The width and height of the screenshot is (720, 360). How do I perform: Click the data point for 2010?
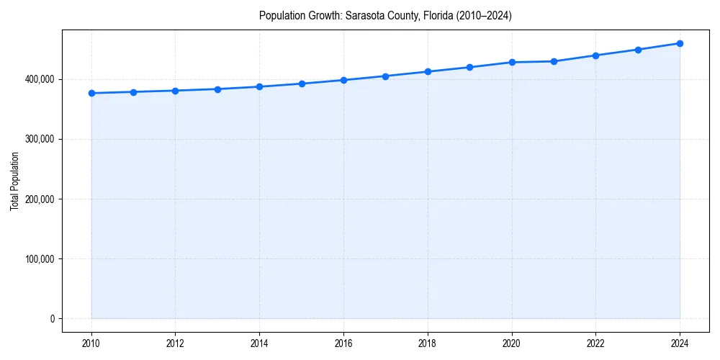coord(91,93)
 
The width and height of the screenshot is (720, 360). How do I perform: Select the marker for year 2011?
coord(133,92)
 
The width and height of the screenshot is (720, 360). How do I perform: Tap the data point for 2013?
coord(217,89)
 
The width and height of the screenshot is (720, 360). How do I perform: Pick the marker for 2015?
coord(302,84)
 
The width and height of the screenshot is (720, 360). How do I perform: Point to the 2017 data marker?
coord(386,76)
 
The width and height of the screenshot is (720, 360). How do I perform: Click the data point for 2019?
coord(469,67)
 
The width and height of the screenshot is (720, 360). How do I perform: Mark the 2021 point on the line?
coord(554,61)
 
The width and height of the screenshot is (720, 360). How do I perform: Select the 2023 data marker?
coord(638,50)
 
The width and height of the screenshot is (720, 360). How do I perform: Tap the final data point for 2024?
coord(680,43)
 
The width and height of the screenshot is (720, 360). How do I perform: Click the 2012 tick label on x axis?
coord(175,343)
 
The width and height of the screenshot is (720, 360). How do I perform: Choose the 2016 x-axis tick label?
coord(343,343)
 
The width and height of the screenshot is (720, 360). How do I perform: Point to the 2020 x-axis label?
coord(512,343)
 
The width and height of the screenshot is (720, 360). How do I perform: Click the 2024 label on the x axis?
coord(680,343)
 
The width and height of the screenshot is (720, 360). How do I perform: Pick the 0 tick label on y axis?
coord(53,319)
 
